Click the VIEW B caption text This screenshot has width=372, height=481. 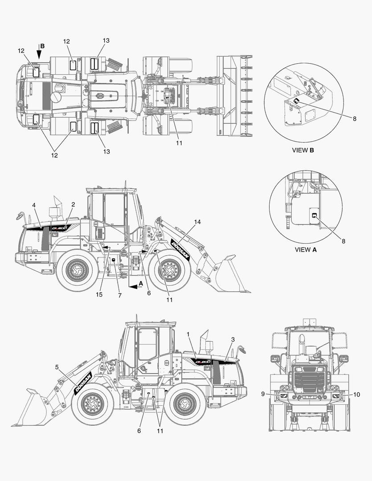tap(303, 151)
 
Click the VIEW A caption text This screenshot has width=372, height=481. tap(306, 250)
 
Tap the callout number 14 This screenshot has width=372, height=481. tap(197, 222)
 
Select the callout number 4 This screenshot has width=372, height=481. tap(34, 205)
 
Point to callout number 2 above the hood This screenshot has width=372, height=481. tap(73, 204)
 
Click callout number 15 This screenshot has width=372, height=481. tap(99, 294)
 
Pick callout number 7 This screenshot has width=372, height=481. tap(120, 295)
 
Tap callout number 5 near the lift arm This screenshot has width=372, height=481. tap(57, 367)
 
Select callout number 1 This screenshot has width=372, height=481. tap(188, 334)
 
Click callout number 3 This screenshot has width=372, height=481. tap(233, 339)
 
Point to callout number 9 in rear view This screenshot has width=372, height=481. tap(263, 394)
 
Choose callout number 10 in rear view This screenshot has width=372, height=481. tap(357, 395)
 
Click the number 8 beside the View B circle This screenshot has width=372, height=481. tap(355, 119)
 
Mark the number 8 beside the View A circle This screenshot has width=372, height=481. tap(343, 241)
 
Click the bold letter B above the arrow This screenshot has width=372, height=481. tap(42, 46)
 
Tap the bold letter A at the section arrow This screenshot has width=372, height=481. tap(141, 284)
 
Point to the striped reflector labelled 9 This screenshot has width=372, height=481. tap(284, 396)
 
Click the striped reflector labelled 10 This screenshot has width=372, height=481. tap(335, 396)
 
